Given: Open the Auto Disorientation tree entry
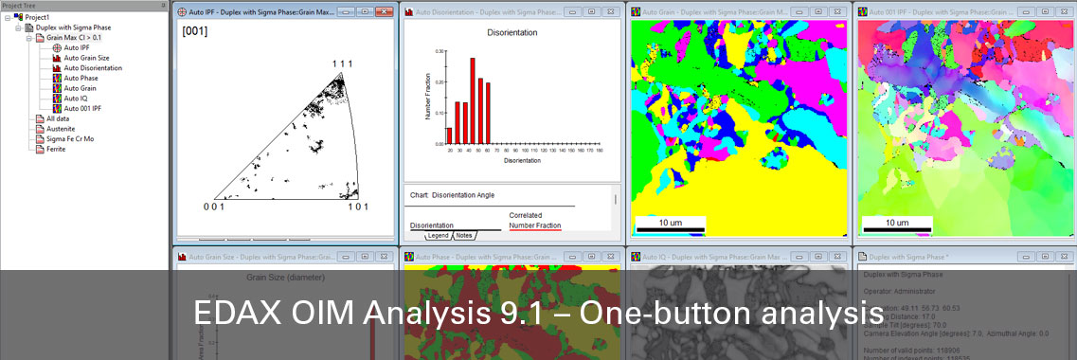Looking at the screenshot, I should (x=92, y=68).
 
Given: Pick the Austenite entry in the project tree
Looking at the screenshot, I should (x=61, y=129).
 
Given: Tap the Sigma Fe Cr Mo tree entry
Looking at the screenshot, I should (x=69, y=138).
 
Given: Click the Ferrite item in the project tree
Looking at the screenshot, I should (x=57, y=149).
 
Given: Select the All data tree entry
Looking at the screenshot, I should (x=58, y=118).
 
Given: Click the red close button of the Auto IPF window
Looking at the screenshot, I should (x=384, y=12).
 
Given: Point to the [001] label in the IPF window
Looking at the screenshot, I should (x=195, y=31).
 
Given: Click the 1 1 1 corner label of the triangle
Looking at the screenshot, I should (x=342, y=63).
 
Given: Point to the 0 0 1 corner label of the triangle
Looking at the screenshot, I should (x=214, y=207).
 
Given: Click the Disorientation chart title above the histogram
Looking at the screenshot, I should (x=512, y=32).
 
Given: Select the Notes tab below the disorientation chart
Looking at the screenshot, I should (x=464, y=236).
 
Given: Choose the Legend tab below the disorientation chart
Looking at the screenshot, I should (x=438, y=236).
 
